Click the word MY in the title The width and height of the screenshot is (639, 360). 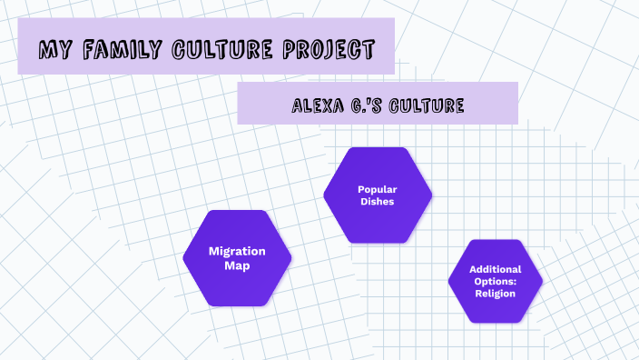pos(54,49)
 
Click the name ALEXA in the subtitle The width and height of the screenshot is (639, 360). pos(315,106)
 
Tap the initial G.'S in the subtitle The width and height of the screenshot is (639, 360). pos(362,106)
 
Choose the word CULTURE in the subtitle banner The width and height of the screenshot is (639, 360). pos(424,106)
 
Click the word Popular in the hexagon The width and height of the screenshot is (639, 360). pos(378,189)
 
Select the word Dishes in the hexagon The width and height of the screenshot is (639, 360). pos(378,201)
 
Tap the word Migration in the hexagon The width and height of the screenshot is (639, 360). pos(237,251)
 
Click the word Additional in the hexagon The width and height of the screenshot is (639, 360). pos(495,269)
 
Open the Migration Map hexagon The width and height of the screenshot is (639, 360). pos(237,257)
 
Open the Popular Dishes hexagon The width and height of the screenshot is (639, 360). pos(378,195)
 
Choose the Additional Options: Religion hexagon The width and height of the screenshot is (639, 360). pos(495,281)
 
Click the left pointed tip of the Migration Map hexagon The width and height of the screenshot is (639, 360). pos(183,257)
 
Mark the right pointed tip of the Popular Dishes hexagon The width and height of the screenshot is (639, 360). pos(432,195)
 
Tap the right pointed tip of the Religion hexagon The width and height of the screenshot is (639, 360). pos(543,281)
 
